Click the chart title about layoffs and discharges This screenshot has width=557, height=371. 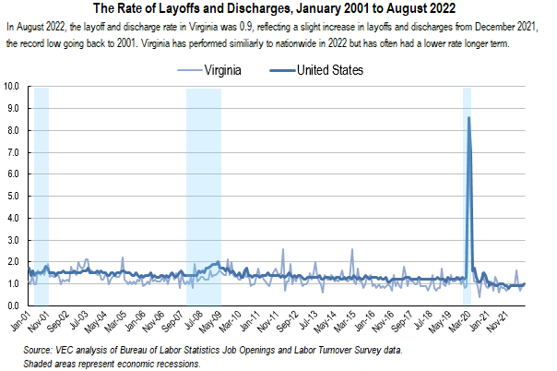pyautogui.click(x=278, y=10)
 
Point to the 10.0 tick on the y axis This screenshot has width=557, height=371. pyautogui.click(x=13, y=86)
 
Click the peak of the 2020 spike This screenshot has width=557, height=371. pyautogui.click(x=468, y=117)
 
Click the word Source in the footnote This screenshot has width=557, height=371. pyautogui.click(x=40, y=351)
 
